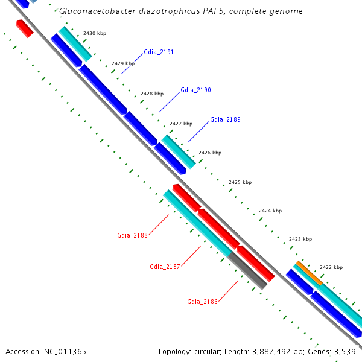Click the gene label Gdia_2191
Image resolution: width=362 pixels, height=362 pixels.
159,52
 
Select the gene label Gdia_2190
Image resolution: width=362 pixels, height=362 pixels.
195,90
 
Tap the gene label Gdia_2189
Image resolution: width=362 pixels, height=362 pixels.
225,120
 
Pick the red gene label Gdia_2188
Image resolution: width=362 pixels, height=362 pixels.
132,235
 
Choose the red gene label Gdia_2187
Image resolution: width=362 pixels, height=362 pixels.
165,267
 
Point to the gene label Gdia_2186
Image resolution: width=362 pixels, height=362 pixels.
202,302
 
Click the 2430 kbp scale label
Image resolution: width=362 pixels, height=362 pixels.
94,33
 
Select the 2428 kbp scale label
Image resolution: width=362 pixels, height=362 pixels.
151,94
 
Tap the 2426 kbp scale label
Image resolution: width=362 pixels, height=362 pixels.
209,153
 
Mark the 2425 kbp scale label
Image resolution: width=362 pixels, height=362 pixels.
240,182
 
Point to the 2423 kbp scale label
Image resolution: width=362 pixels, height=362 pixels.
300,239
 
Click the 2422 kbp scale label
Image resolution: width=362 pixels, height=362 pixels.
331,267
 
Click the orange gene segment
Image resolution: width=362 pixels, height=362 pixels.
308,273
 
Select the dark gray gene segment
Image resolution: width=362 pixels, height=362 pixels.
247,270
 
